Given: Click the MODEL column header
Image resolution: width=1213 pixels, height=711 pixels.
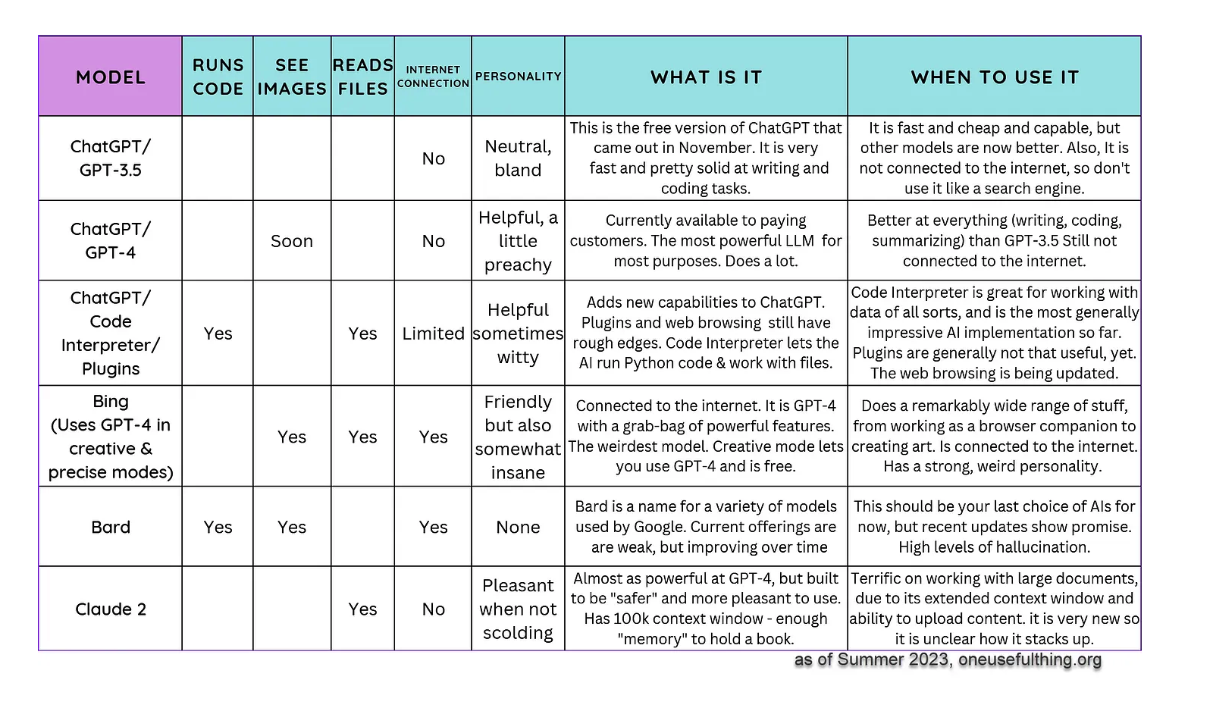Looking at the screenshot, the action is pos(110,77).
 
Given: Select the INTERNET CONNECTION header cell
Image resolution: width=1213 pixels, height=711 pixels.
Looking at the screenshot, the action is pos(433,77).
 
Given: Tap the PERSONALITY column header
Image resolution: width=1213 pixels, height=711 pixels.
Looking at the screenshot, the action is pos(518,77).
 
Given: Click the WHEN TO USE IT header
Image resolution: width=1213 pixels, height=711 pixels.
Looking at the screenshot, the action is pos(994,77).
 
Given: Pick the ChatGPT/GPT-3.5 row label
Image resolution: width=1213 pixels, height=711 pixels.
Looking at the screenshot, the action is pos(110,158).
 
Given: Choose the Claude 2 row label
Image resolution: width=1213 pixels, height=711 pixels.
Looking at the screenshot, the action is pos(110,609).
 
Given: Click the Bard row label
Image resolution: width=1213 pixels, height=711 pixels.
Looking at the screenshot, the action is pos(110,527).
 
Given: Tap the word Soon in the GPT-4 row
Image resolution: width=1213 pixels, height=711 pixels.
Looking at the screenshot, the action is pos(292,241).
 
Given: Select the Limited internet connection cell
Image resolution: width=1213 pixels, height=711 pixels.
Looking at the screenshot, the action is pos(433,334).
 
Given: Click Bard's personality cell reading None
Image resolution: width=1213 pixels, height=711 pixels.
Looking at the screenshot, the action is pos(518,527).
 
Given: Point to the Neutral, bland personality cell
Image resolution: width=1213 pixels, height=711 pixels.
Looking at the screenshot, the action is pos(518,158).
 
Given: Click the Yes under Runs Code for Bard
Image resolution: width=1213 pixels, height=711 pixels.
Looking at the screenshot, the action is pos(218,527).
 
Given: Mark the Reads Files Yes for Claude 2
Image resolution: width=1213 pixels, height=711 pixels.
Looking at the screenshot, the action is pos(362,609).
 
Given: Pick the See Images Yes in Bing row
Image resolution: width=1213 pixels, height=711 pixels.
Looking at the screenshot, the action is pos(292,437).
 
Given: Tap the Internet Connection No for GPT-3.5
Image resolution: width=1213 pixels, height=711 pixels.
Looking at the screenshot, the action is pos(433,158).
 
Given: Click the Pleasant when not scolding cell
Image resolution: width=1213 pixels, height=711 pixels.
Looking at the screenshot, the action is pos(518,609).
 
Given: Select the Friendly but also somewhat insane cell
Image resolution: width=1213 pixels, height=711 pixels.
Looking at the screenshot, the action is pos(518,437).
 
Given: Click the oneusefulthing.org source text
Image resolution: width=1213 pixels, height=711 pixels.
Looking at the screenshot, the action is pos(1030,659).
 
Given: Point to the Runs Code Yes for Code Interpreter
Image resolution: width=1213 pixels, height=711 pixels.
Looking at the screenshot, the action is pos(218,334).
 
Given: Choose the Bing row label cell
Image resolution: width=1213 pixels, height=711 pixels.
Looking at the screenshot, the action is pos(110,437).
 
